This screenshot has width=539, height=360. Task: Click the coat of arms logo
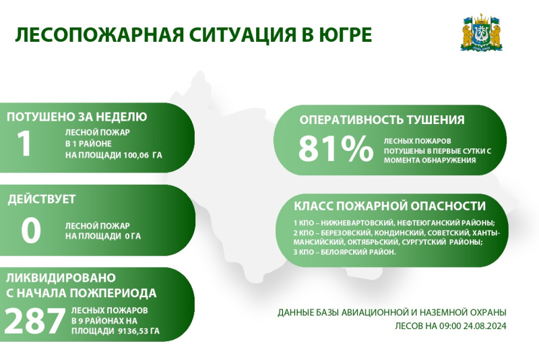482,33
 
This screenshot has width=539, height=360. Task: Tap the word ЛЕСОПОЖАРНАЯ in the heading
99,35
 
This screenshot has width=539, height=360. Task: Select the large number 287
35,321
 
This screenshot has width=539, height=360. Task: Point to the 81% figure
336,148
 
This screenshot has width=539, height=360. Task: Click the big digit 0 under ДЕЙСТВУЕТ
31,231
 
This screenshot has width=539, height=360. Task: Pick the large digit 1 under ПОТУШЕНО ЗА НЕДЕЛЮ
24,143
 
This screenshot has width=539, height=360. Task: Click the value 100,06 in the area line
136,155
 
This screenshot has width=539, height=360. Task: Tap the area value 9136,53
133,331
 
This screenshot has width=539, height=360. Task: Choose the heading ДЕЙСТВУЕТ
42,200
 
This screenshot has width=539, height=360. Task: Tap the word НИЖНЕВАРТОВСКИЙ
357,222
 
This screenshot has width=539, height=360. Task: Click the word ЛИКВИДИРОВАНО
61,278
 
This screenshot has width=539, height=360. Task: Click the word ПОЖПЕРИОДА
113,293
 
